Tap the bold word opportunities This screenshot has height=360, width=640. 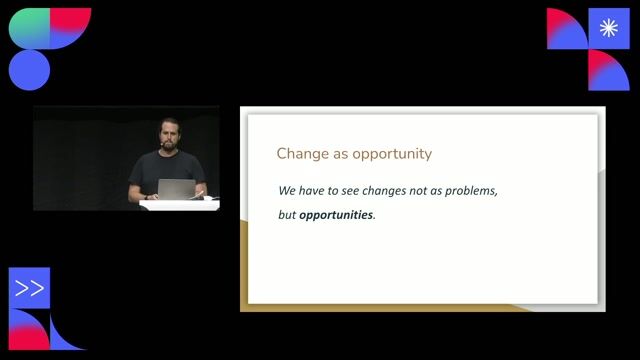pos(335,215)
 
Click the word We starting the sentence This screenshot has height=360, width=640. pos(288,190)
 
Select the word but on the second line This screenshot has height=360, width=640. pos(287,215)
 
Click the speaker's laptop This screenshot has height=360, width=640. pos(176,189)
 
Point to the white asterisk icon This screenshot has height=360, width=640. pos(609,28)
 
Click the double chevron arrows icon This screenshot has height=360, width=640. pos(30,288)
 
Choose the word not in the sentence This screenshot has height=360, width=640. pos(428,190)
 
